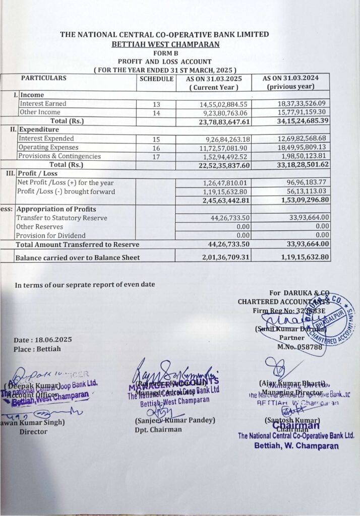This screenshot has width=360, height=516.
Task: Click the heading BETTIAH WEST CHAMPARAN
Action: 166,44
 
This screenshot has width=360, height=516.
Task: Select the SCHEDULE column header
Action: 156,79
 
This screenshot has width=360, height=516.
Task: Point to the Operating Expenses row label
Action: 48,147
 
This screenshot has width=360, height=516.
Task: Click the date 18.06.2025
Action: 43,340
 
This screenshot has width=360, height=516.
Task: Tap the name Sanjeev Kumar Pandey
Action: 175,420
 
